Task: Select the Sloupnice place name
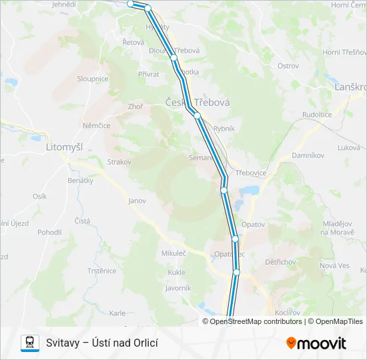click(93, 78)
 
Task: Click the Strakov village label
click(119, 161)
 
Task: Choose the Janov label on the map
click(137, 200)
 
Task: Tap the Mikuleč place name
click(173, 253)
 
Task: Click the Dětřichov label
click(280, 262)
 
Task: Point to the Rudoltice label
click(317, 114)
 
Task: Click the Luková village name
click(349, 147)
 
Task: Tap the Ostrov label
click(288, 66)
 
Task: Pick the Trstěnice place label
click(102, 271)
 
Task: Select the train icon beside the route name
click(30, 343)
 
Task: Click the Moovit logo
click(316, 343)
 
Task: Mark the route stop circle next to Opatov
click(235, 239)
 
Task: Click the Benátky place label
click(81, 181)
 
